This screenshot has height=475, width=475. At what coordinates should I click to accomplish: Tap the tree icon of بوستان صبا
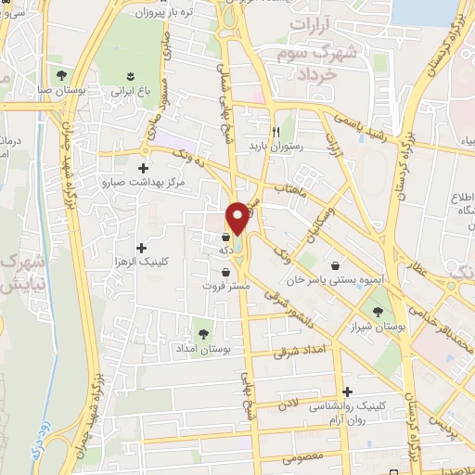[62, 74]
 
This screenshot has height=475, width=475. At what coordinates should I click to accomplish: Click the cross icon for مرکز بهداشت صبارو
[142, 168]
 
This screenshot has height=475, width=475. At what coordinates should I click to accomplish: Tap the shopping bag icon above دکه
[226, 236]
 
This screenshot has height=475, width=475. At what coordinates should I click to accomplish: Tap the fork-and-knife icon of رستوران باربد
[276, 132]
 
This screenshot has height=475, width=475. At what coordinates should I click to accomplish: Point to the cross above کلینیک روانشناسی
[348, 392]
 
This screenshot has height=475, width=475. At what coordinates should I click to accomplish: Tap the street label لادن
[287, 405]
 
